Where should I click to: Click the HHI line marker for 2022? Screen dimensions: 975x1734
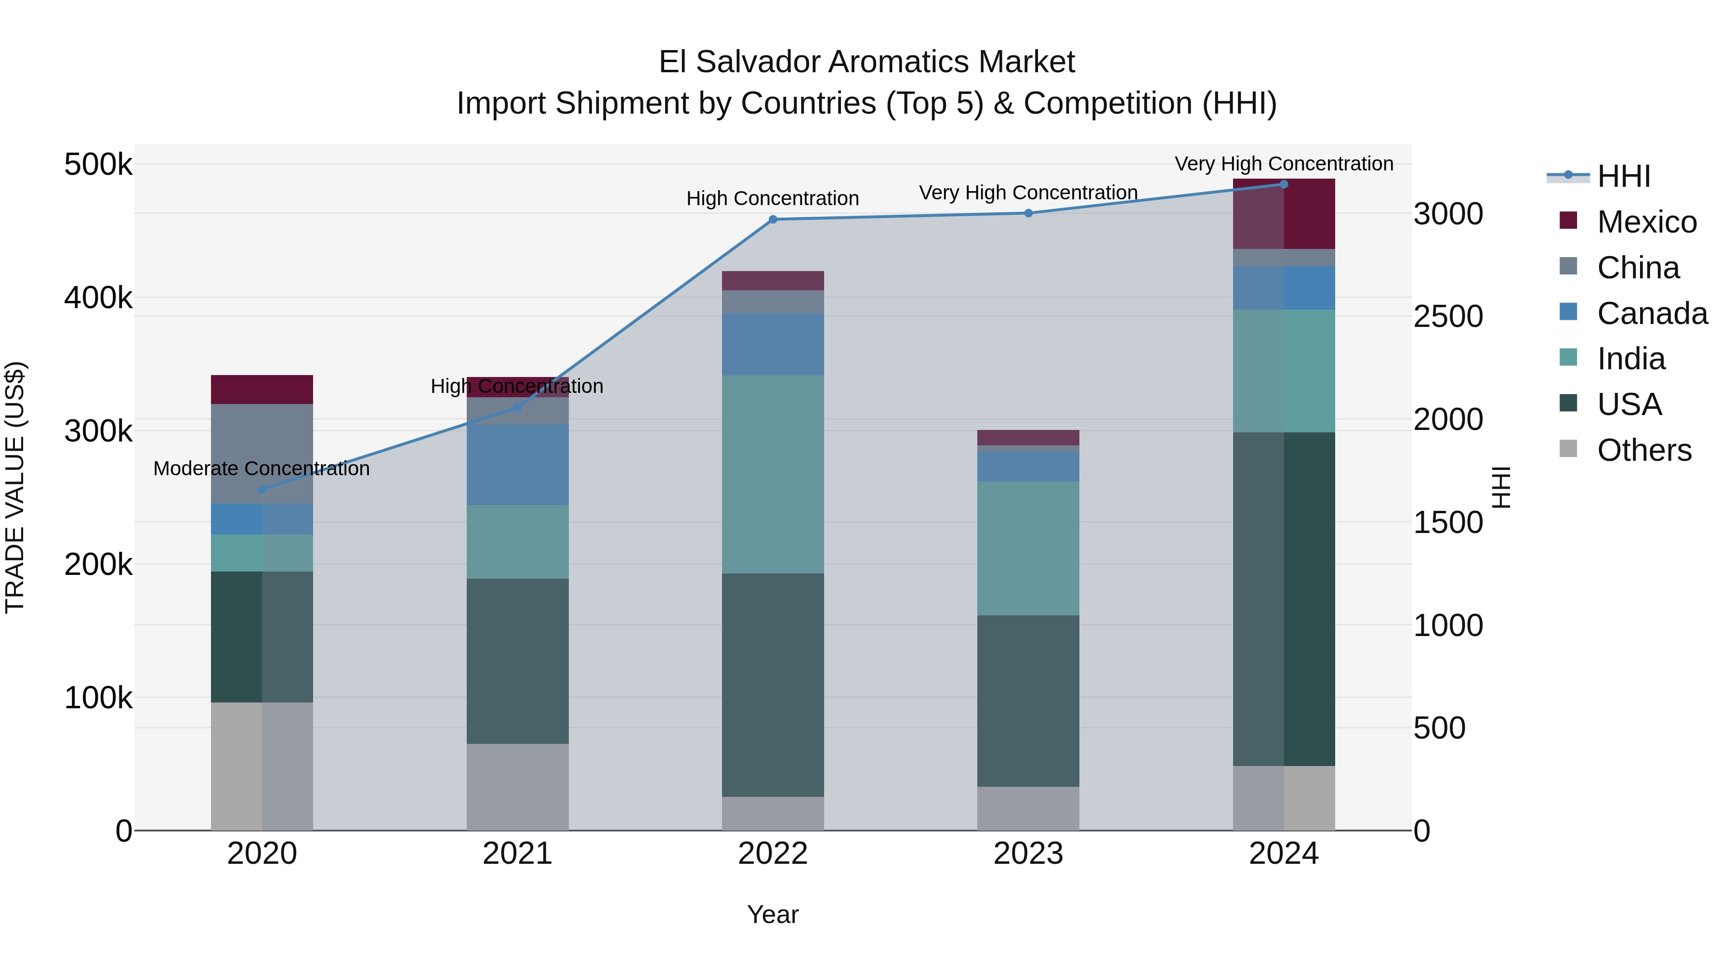[773, 220]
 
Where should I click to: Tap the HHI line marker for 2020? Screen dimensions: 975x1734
[263, 489]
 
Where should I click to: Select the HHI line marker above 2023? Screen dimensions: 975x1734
[1028, 213]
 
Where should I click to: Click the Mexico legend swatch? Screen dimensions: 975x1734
[1568, 221]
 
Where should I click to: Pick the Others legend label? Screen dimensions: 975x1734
[1644, 450]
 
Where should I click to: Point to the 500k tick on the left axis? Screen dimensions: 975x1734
[98, 165]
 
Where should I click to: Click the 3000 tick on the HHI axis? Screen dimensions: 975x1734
[1448, 215]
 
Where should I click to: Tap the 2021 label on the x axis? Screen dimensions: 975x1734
[517, 854]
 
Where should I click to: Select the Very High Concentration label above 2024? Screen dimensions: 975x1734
[1284, 164]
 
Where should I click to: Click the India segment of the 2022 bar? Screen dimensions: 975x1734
[773, 474]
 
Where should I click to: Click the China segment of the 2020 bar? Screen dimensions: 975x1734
[263, 453]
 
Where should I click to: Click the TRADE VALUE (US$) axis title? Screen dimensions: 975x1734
[15, 487]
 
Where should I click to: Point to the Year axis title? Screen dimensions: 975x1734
[772, 914]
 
